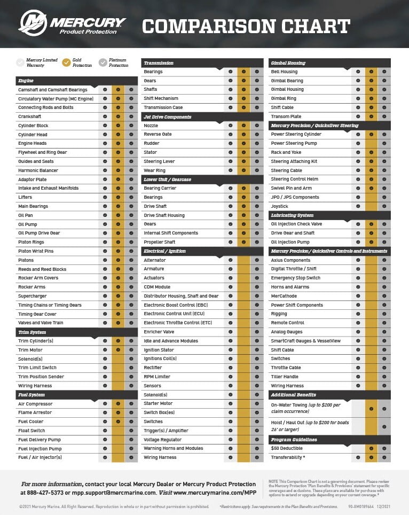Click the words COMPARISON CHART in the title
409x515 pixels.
coord(246,26)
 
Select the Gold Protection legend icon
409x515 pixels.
coord(66,63)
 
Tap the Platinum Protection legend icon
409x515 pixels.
coord(103,63)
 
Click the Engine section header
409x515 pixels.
coord(26,81)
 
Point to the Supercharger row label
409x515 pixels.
coord(32,296)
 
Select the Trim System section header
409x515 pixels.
coord(32,332)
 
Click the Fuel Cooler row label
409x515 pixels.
coord(31,422)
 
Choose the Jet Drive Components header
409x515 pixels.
coord(167,116)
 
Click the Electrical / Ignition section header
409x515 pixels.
coord(164,251)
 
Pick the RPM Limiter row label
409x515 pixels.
coord(157,377)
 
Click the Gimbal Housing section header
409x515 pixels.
coord(288,63)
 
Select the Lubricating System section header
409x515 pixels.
coord(292,215)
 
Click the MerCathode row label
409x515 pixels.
coord(284,296)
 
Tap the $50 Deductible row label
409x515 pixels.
coord(287,449)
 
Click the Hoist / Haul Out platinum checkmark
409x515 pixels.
coord(384,426)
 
